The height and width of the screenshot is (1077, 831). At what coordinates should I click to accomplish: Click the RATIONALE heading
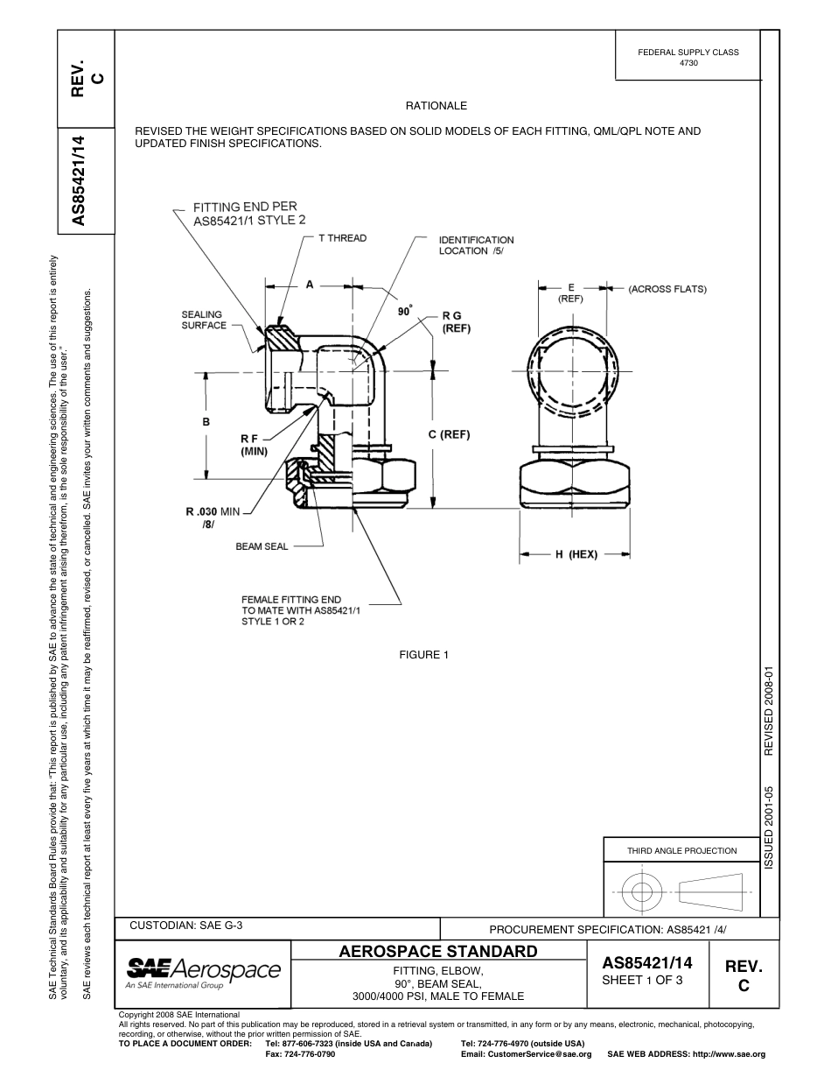point(436,106)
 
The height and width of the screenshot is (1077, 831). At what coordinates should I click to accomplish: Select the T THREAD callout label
point(342,238)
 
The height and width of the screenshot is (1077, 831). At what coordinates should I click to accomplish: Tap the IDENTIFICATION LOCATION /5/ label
point(476,245)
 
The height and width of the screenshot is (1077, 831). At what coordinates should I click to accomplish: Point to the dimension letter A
point(310,285)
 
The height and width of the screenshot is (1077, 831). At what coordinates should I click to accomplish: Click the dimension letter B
point(206,422)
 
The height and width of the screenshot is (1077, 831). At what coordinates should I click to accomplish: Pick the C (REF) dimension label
point(450,434)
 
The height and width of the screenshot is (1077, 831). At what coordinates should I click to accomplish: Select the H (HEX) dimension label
point(576,554)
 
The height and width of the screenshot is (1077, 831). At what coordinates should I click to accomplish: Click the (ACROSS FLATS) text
point(667,288)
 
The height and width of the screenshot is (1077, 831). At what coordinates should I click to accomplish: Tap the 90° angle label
point(405,310)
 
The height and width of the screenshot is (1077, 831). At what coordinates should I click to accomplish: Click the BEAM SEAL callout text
point(262,546)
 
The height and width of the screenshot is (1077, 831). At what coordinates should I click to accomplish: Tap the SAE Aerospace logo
point(203,972)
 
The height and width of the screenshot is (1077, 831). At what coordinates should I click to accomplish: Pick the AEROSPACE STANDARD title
point(437,951)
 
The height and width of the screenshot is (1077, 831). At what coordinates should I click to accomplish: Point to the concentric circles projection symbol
point(642,892)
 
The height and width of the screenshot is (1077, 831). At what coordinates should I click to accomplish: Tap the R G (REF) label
point(457,323)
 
